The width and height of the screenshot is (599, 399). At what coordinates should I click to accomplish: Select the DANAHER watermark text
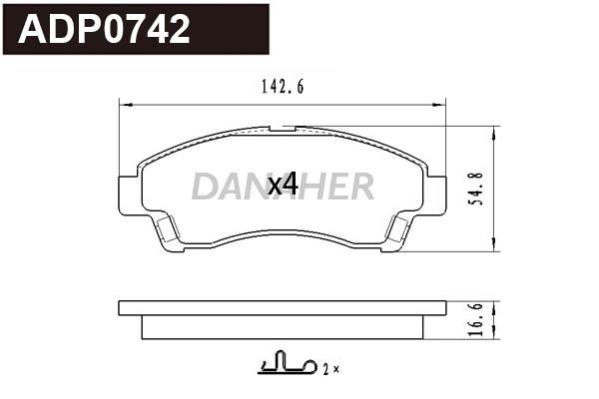point(283,186)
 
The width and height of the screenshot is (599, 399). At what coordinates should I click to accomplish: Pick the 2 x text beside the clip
point(330,369)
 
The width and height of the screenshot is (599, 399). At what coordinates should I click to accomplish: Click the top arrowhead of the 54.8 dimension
point(495,131)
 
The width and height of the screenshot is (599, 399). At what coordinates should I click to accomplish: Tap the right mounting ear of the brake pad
point(435,194)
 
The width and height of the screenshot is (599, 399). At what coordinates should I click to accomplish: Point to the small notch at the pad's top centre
point(284,129)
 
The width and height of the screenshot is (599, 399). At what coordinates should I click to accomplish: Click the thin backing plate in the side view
point(282,307)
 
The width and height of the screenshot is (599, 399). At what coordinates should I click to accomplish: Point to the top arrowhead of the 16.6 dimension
point(495,303)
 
